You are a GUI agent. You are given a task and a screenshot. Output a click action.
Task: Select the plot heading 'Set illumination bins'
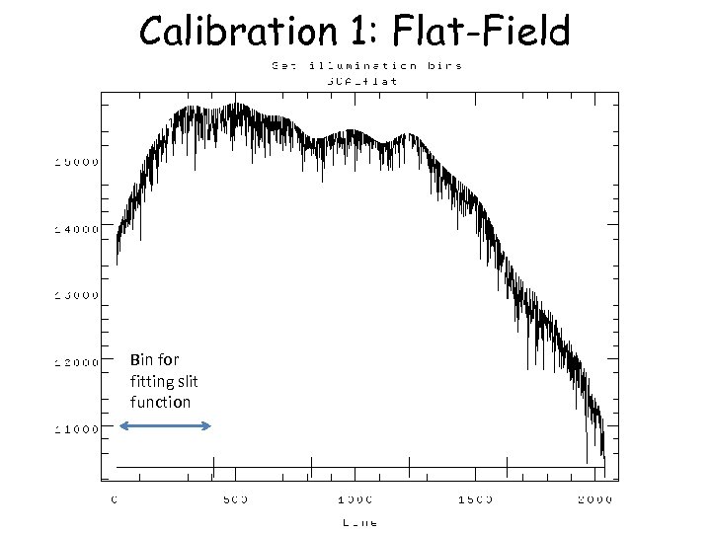pos(366,66)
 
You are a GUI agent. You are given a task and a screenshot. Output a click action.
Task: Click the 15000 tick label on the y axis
pos(75,161)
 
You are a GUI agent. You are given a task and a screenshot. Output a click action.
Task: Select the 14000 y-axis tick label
pos(75,228)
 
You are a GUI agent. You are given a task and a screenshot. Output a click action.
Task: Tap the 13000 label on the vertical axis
pos(75,294)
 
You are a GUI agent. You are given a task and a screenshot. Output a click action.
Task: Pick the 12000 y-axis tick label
pos(75,361)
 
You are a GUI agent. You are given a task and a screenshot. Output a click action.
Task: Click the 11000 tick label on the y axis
pos(75,428)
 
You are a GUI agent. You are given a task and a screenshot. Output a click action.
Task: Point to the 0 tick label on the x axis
pos(116,499)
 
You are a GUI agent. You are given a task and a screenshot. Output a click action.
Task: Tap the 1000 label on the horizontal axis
pos(355,499)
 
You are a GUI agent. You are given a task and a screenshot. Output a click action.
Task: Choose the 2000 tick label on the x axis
pos(595,499)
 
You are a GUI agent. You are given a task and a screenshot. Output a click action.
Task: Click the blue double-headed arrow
pos(165,425)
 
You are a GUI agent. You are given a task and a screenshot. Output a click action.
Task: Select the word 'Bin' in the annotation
pos(141,359)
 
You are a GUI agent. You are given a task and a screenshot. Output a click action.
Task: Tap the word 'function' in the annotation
pos(160,402)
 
